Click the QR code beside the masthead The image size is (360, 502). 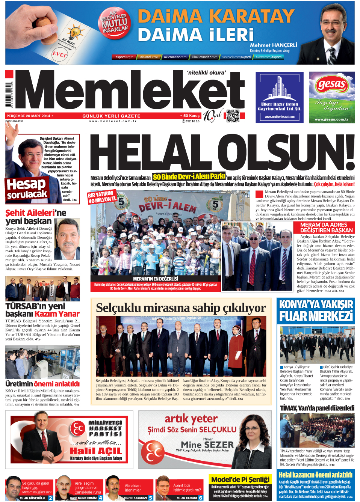tap(233, 116)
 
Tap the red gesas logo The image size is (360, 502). tap(331, 84)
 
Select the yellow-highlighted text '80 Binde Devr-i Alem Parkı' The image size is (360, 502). tap(189, 176)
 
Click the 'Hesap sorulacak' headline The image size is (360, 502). tap(27, 188)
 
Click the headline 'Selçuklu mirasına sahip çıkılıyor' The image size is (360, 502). tap(181, 308)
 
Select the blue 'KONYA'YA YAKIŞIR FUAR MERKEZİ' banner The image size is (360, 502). tap(316, 310)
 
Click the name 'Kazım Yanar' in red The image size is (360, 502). tap(57, 314)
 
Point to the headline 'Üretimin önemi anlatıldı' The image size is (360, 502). tap(42, 384)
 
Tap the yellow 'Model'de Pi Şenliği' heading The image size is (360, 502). tap(240, 479)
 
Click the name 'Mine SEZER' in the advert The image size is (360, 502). tap(207, 445)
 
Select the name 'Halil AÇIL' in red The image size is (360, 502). tap(96, 451)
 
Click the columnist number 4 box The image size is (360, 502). tap(100, 498)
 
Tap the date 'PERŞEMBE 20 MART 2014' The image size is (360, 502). tap(28, 116)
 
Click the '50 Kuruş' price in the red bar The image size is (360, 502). tap(191, 116)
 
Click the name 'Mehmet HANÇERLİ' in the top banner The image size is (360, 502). tap(273, 45)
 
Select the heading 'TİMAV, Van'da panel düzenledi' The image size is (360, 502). tap(317, 408)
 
